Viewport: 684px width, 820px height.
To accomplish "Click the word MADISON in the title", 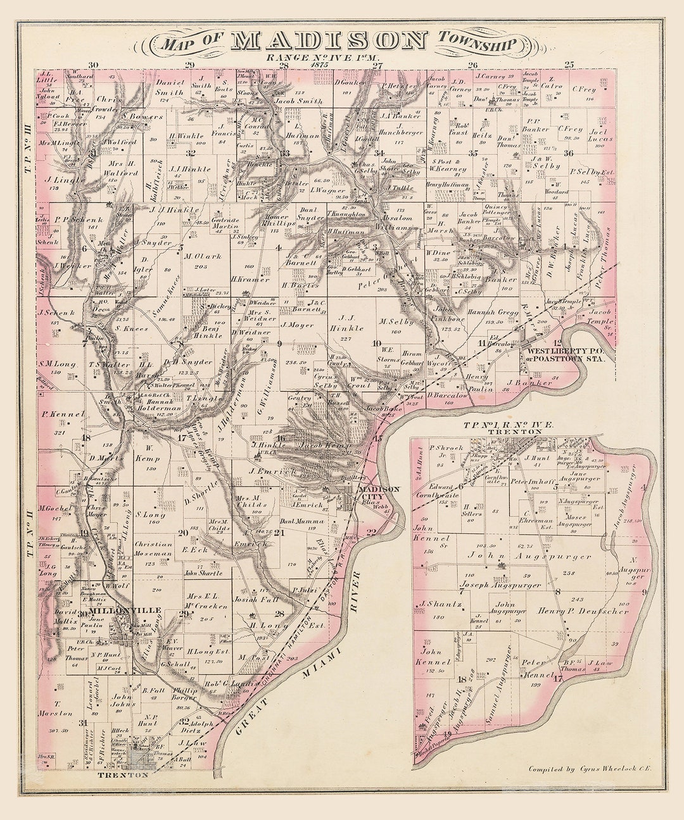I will tap(329, 41).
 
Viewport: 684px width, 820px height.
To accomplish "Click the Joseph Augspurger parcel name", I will tap(500, 586).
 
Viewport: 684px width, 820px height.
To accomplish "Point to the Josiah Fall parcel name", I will tap(255, 599).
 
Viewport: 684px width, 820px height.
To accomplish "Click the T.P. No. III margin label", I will tap(28, 140).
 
